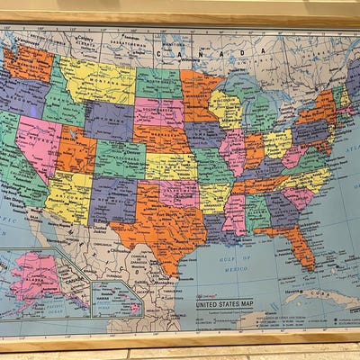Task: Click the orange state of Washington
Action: click(x=28, y=64)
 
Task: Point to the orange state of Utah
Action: click(x=76, y=148)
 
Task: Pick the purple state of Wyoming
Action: click(x=109, y=121)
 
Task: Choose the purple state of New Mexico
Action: click(x=112, y=199)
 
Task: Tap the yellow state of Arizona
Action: click(x=69, y=194)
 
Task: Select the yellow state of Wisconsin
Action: click(x=225, y=109)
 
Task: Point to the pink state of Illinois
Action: click(x=232, y=148)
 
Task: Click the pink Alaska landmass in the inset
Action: click(x=36, y=274)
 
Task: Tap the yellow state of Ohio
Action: click(x=277, y=142)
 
